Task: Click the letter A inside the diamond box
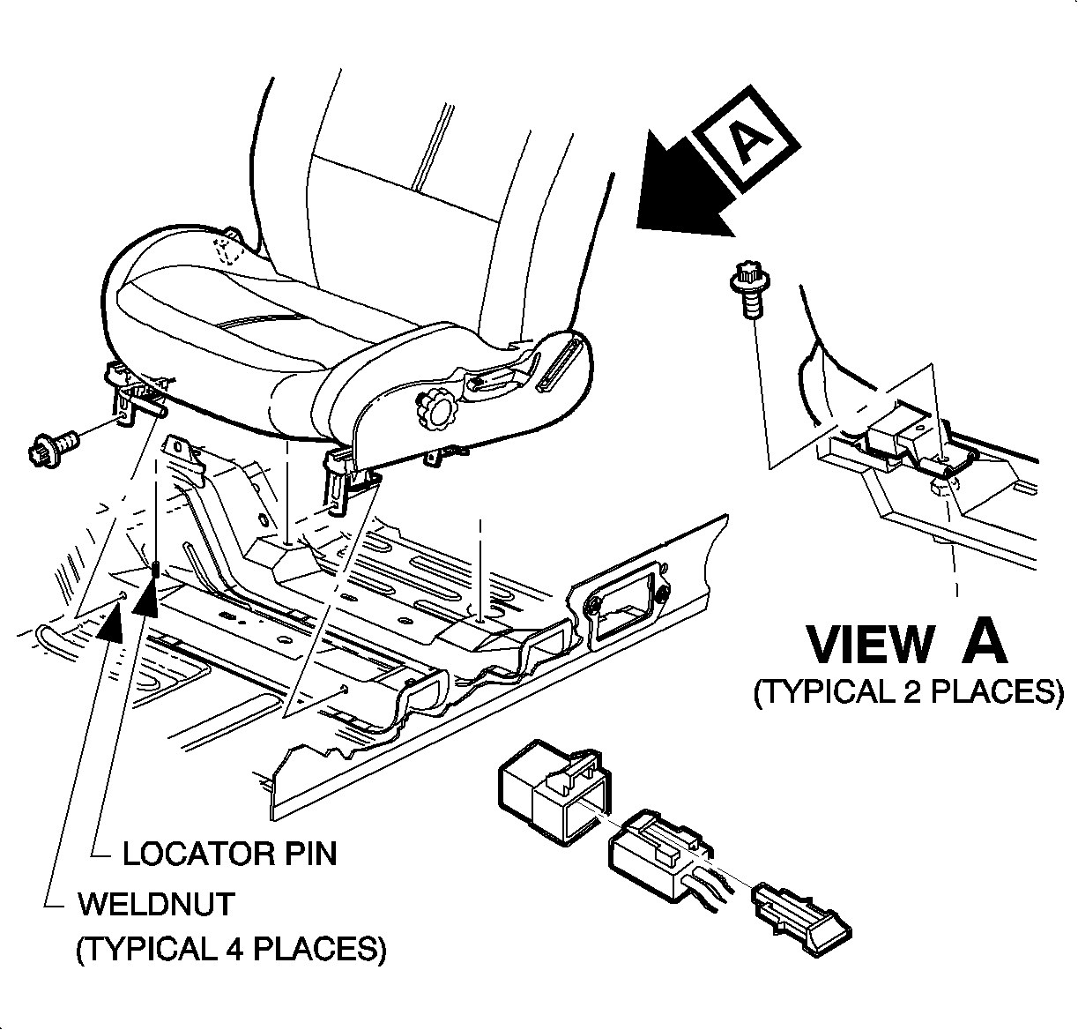tap(746, 140)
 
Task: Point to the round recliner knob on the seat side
tap(438, 410)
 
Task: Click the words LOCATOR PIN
tap(229, 853)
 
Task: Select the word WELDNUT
tap(156, 904)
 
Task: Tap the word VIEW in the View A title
tap(870, 645)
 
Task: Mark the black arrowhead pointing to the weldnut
tap(110, 623)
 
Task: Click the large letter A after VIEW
tap(984, 643)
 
